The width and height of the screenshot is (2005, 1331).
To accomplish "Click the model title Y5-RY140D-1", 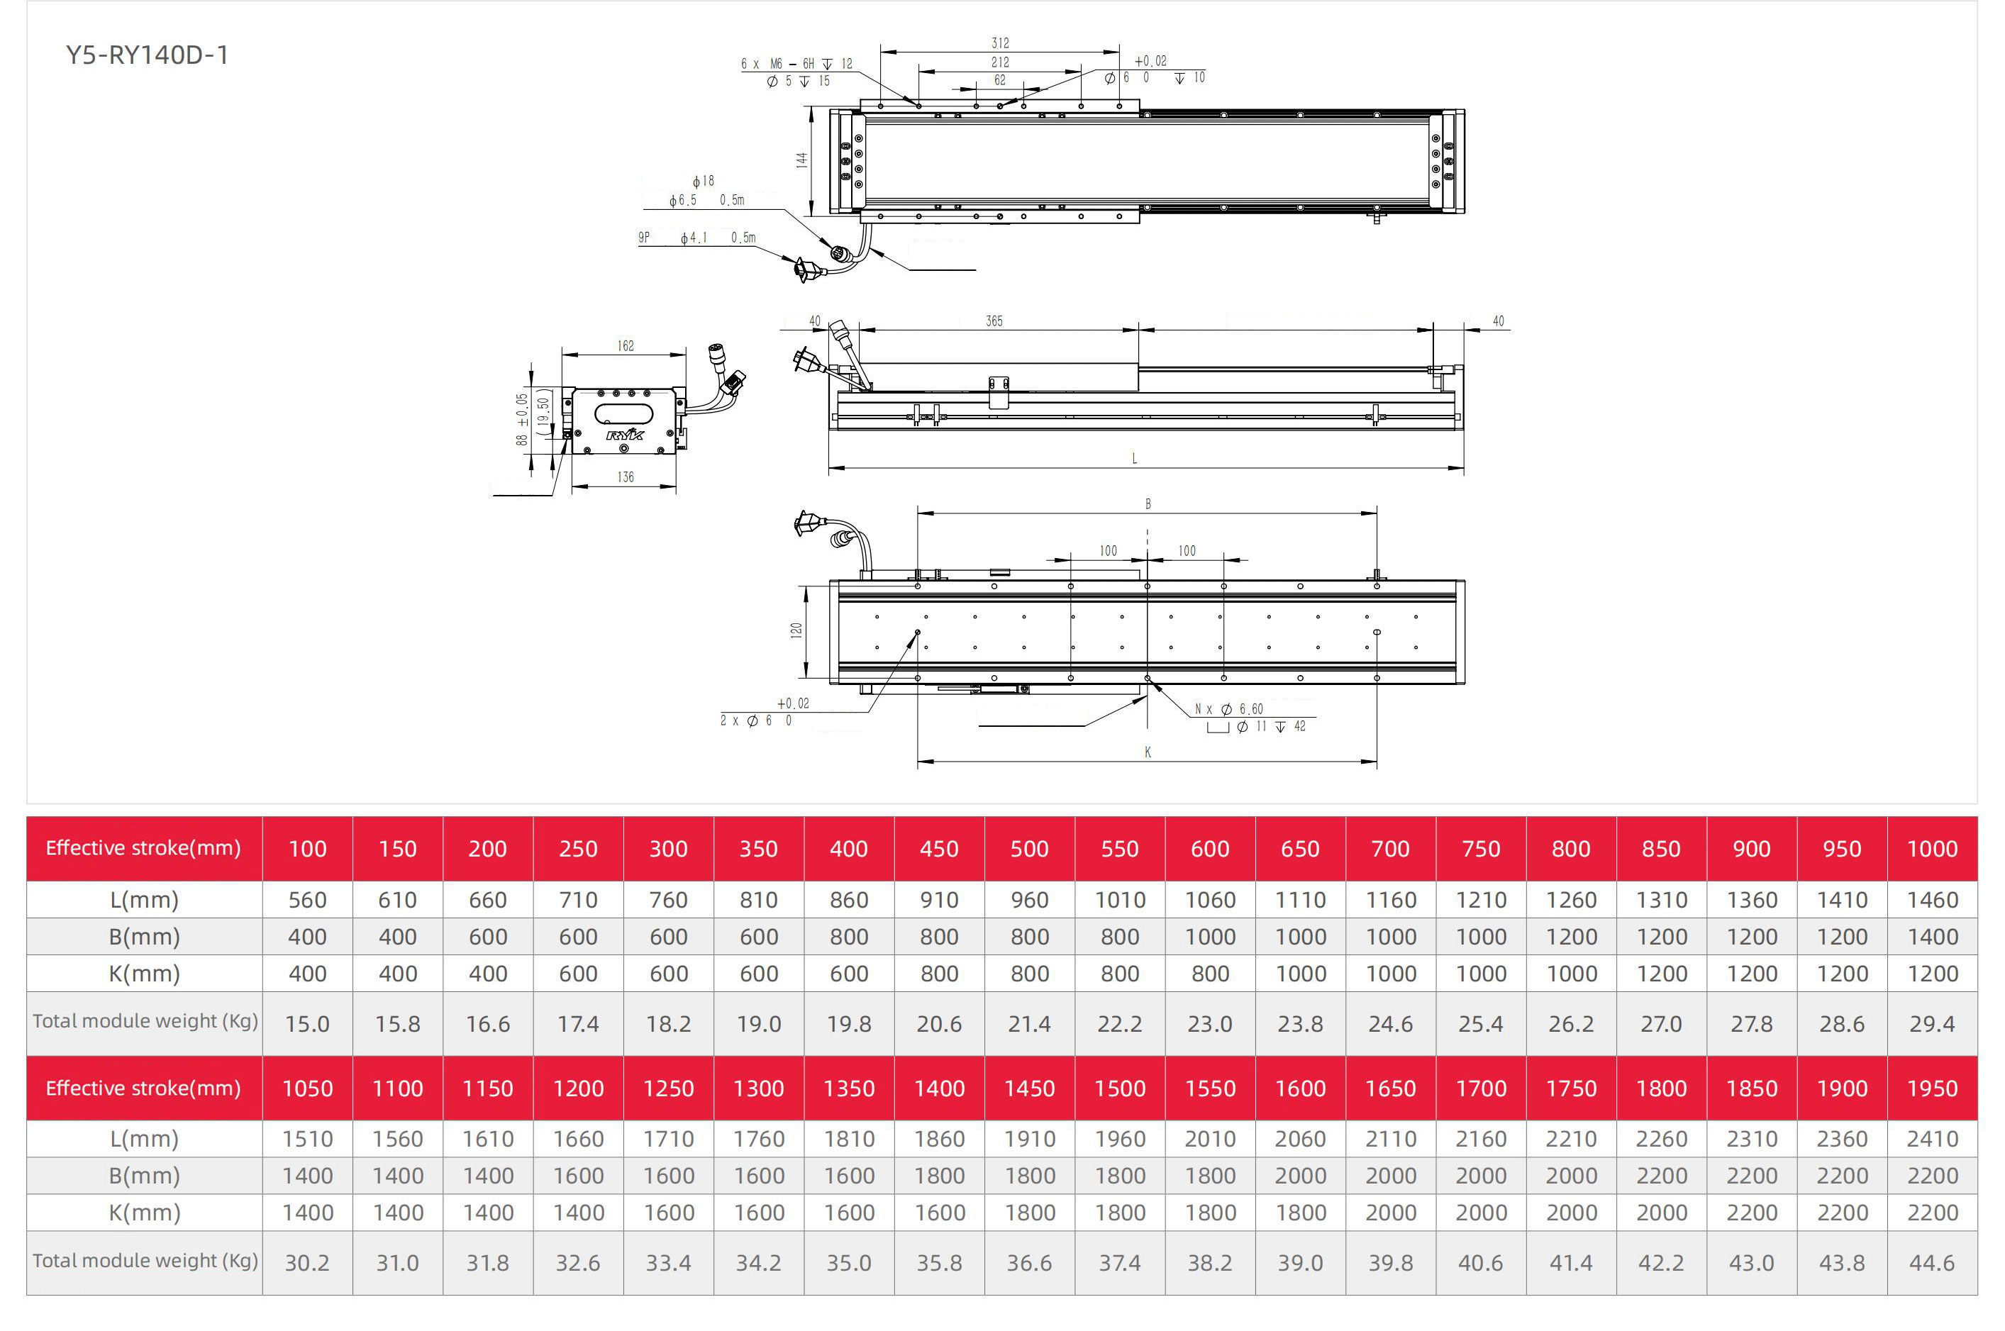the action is [x=147, y=55].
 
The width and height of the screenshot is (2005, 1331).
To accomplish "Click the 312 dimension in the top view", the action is [x=1000, y=43].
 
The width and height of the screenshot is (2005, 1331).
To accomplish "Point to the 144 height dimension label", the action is [x=801, y=160].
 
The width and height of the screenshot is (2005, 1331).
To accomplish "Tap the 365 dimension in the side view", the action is [x=994, y=321].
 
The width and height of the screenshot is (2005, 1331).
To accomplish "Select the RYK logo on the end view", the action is [x=625, y=435].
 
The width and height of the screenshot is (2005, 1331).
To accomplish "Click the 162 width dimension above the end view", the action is [x=625, y=345].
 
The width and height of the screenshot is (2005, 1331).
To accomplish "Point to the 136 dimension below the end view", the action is [x=625, y=477].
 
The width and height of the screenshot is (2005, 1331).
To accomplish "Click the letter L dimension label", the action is [x=1135, y=458].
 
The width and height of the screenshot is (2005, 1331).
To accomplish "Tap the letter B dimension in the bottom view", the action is [x=1148, y=504].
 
